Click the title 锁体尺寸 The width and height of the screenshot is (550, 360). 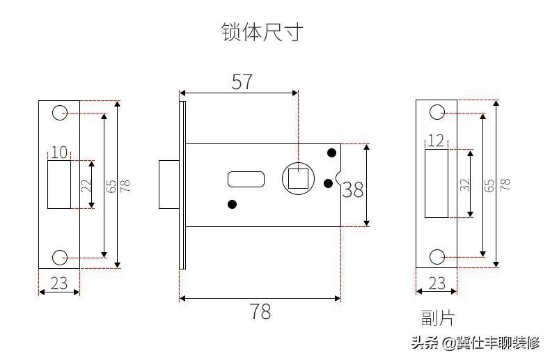coord(262,32)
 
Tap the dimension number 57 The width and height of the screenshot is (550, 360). coord(242,81)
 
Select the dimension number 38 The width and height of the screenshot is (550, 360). coord(353,190)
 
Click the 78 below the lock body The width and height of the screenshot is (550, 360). coord(260,311)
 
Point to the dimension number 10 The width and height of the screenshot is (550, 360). coord(59,152)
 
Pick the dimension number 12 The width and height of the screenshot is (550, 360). coord(436,141)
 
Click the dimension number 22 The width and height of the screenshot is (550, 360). coord(86,185)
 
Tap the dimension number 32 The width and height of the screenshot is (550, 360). coord(464,185)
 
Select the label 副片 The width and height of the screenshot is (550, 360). coord(437,318)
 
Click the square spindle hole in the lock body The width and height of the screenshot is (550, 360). coord(298,178)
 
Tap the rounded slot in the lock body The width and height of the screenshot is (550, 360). coord(246,179)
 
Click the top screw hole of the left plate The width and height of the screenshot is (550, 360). coord(60,113)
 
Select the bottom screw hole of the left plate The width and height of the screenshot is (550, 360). coord(60,258)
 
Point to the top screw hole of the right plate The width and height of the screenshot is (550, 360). coord(437,112)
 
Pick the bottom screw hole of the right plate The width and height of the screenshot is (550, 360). coord(437,257)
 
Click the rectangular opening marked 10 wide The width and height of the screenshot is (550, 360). coord(59,185)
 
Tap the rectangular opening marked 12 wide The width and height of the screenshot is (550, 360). coord(437,184)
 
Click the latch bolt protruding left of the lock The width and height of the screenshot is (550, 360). coord(169,185)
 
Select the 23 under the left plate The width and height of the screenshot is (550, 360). coord(59,283)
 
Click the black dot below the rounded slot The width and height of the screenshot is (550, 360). coord(232,204)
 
